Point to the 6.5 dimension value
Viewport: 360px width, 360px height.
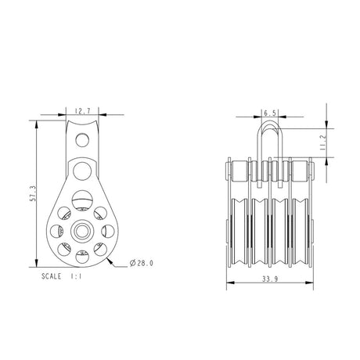pyautogui.click(x=267, y=113)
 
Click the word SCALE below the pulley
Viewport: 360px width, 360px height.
pyautogui.click(x=56, y=277)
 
